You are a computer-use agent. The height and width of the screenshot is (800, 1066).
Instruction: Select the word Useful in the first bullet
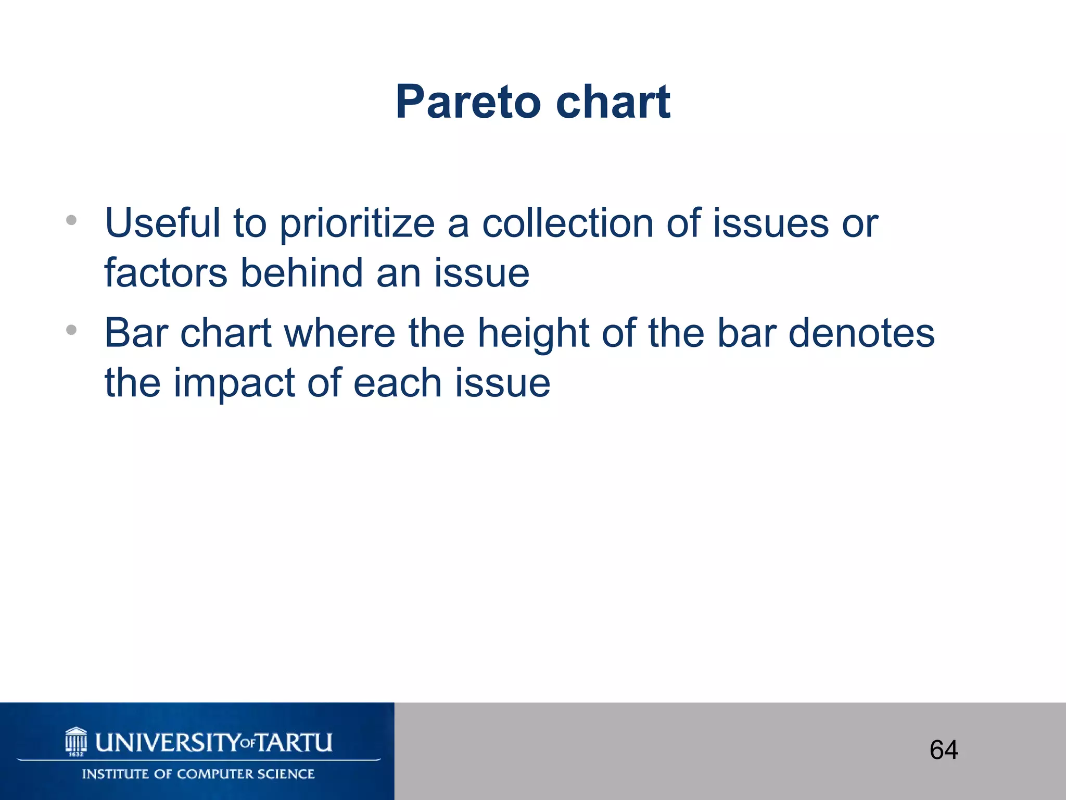click(x=163, y=223)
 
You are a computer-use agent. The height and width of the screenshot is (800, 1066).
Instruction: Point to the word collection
click(x=567, y=223)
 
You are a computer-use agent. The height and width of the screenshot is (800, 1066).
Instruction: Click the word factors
click(x=166, y=273)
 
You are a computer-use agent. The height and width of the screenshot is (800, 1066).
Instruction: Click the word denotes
click(x=861, y=333)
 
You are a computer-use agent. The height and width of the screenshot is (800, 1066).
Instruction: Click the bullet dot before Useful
click(x=71, y=220)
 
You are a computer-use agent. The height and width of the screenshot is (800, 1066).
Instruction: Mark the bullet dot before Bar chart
click(x=71, y=330)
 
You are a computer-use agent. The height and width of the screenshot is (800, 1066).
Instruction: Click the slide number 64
click(x=944, y=750)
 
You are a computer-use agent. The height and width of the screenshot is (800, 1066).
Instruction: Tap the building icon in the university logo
click(x=76, y=741)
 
